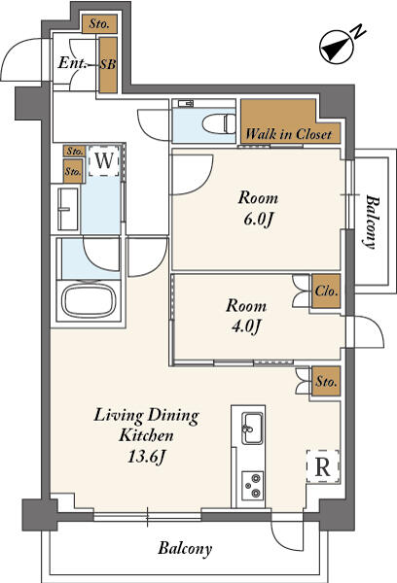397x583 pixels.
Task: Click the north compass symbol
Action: (x=337, y=48)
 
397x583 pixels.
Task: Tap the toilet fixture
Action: (x=219, y=123)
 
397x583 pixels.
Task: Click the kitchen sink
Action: (x=252, y=428)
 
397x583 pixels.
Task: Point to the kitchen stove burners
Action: (x=252, y=485)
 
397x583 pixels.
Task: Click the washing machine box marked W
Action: (x=104, y=161)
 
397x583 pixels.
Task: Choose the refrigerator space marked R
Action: (x=322, y=466)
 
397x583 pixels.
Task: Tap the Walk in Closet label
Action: (x=289, y=133)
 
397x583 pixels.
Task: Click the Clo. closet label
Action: (x=326, y=291)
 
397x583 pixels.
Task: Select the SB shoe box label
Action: (x=108, y=64)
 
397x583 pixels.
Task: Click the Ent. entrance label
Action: (x=72, y=63)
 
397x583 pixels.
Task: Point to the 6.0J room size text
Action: (x=259, y=220)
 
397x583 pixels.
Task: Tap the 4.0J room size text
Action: (x=245, y=326)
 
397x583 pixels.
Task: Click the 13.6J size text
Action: (x=146, y=457)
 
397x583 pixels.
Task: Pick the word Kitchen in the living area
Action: (x=146, y=435)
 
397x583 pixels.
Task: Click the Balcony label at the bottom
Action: (x=185, y=548)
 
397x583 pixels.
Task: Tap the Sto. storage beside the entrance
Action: (x=99, y=24)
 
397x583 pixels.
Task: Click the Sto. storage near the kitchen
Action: (x=326, y=382)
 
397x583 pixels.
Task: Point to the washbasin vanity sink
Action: (x=68, y=209)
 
